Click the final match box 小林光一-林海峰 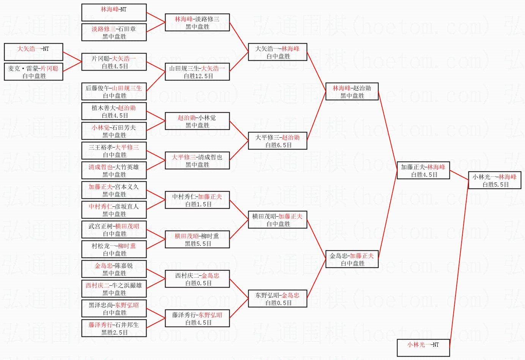click(494, 180)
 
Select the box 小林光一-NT click(423, 347)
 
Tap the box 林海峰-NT click(114, 13)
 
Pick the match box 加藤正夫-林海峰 click(423, 170)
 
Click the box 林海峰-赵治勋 click(352, 91)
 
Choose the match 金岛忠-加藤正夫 click(352, 259)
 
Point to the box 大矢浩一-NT click(33, 52)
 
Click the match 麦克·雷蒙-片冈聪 click(33, 71)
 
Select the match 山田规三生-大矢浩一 click(197, 72)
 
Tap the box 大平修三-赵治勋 click(277, 141)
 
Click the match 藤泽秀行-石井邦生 click(114, 328)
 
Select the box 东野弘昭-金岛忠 click(277, 299)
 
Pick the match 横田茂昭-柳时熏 click(197, 239)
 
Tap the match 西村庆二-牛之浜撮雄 click(114, 289)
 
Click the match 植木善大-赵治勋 click(114, 111)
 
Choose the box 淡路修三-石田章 click(114, 32)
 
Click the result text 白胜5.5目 click(496, 184)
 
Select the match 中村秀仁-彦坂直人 click(114, 210)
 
